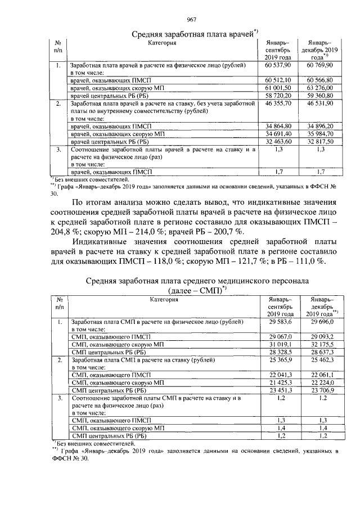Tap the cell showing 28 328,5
coord(280,351)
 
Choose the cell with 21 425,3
coord(280,382)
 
